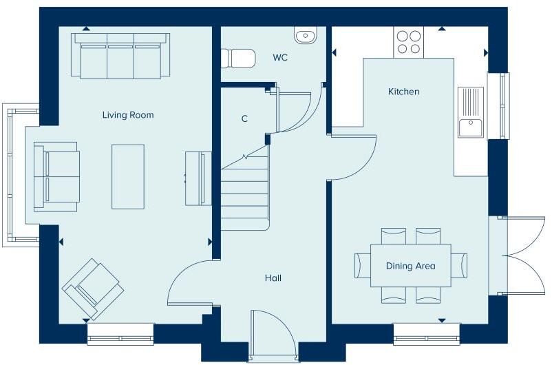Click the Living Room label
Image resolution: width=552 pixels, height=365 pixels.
(128, 115)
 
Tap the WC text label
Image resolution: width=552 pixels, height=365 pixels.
(279, 57)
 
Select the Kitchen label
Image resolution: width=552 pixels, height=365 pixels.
(403, 92)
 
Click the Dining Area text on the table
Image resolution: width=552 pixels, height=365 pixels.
(410, 266)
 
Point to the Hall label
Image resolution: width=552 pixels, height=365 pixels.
(273, 278)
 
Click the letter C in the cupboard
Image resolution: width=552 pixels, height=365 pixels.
(244, 119)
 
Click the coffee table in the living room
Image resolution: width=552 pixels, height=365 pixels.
(128, 176)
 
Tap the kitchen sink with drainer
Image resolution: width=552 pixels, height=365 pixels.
(471, 112)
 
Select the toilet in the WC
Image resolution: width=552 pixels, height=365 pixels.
(237, 58)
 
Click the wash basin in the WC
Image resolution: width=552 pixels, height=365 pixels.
(304, 34)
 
